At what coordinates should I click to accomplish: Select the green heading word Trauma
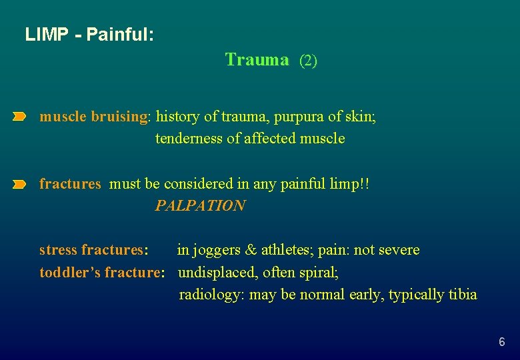click(257, 60)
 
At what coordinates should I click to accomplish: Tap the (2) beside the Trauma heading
click(308, 61)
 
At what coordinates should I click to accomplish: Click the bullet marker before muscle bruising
click(19, 117)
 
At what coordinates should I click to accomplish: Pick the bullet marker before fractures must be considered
click(19, 184)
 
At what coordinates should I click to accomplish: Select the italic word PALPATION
click(200, 206)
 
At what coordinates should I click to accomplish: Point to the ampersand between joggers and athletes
click(251, 251)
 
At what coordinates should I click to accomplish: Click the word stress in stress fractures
click(58, 251)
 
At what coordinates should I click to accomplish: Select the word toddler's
click(70, 273)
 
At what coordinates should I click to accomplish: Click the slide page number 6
click(501, 342)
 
